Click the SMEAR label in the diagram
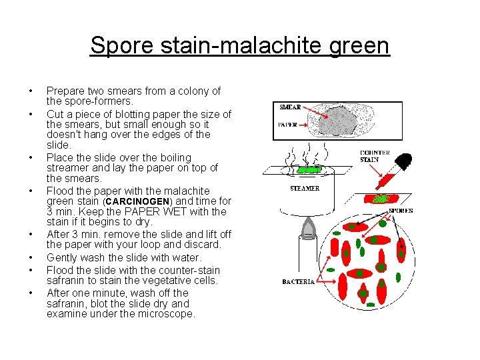289,107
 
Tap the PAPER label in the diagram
288,124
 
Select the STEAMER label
304,188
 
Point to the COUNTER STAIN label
375,156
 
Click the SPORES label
401,211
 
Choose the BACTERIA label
298,282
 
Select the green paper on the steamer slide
308,171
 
